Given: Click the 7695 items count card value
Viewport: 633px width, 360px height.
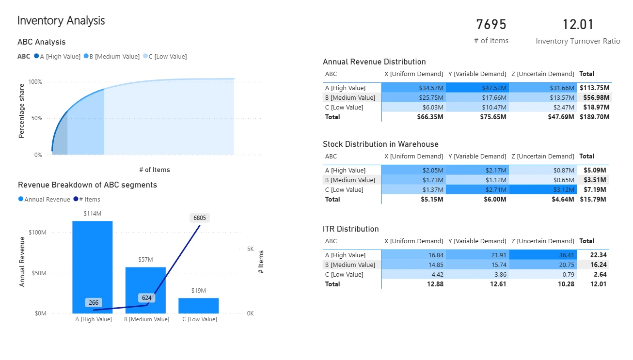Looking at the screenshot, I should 491,25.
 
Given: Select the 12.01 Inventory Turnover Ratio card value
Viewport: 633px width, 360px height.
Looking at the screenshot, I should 578,25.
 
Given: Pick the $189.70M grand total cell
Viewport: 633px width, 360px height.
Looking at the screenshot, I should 594,117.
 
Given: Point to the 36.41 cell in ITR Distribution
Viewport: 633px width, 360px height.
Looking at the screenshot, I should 566,255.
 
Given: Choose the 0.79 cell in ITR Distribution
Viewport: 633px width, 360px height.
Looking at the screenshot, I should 568,275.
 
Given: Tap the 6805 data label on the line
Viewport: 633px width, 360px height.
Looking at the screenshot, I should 200,218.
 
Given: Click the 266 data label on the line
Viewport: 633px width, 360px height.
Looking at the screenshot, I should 93,303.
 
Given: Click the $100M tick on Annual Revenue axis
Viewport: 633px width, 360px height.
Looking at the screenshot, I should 37,233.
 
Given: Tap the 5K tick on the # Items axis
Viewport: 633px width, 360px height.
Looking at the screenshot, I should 250,249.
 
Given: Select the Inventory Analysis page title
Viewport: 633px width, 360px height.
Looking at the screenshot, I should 61,21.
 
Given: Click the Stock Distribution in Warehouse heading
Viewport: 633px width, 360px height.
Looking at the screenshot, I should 380,144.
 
